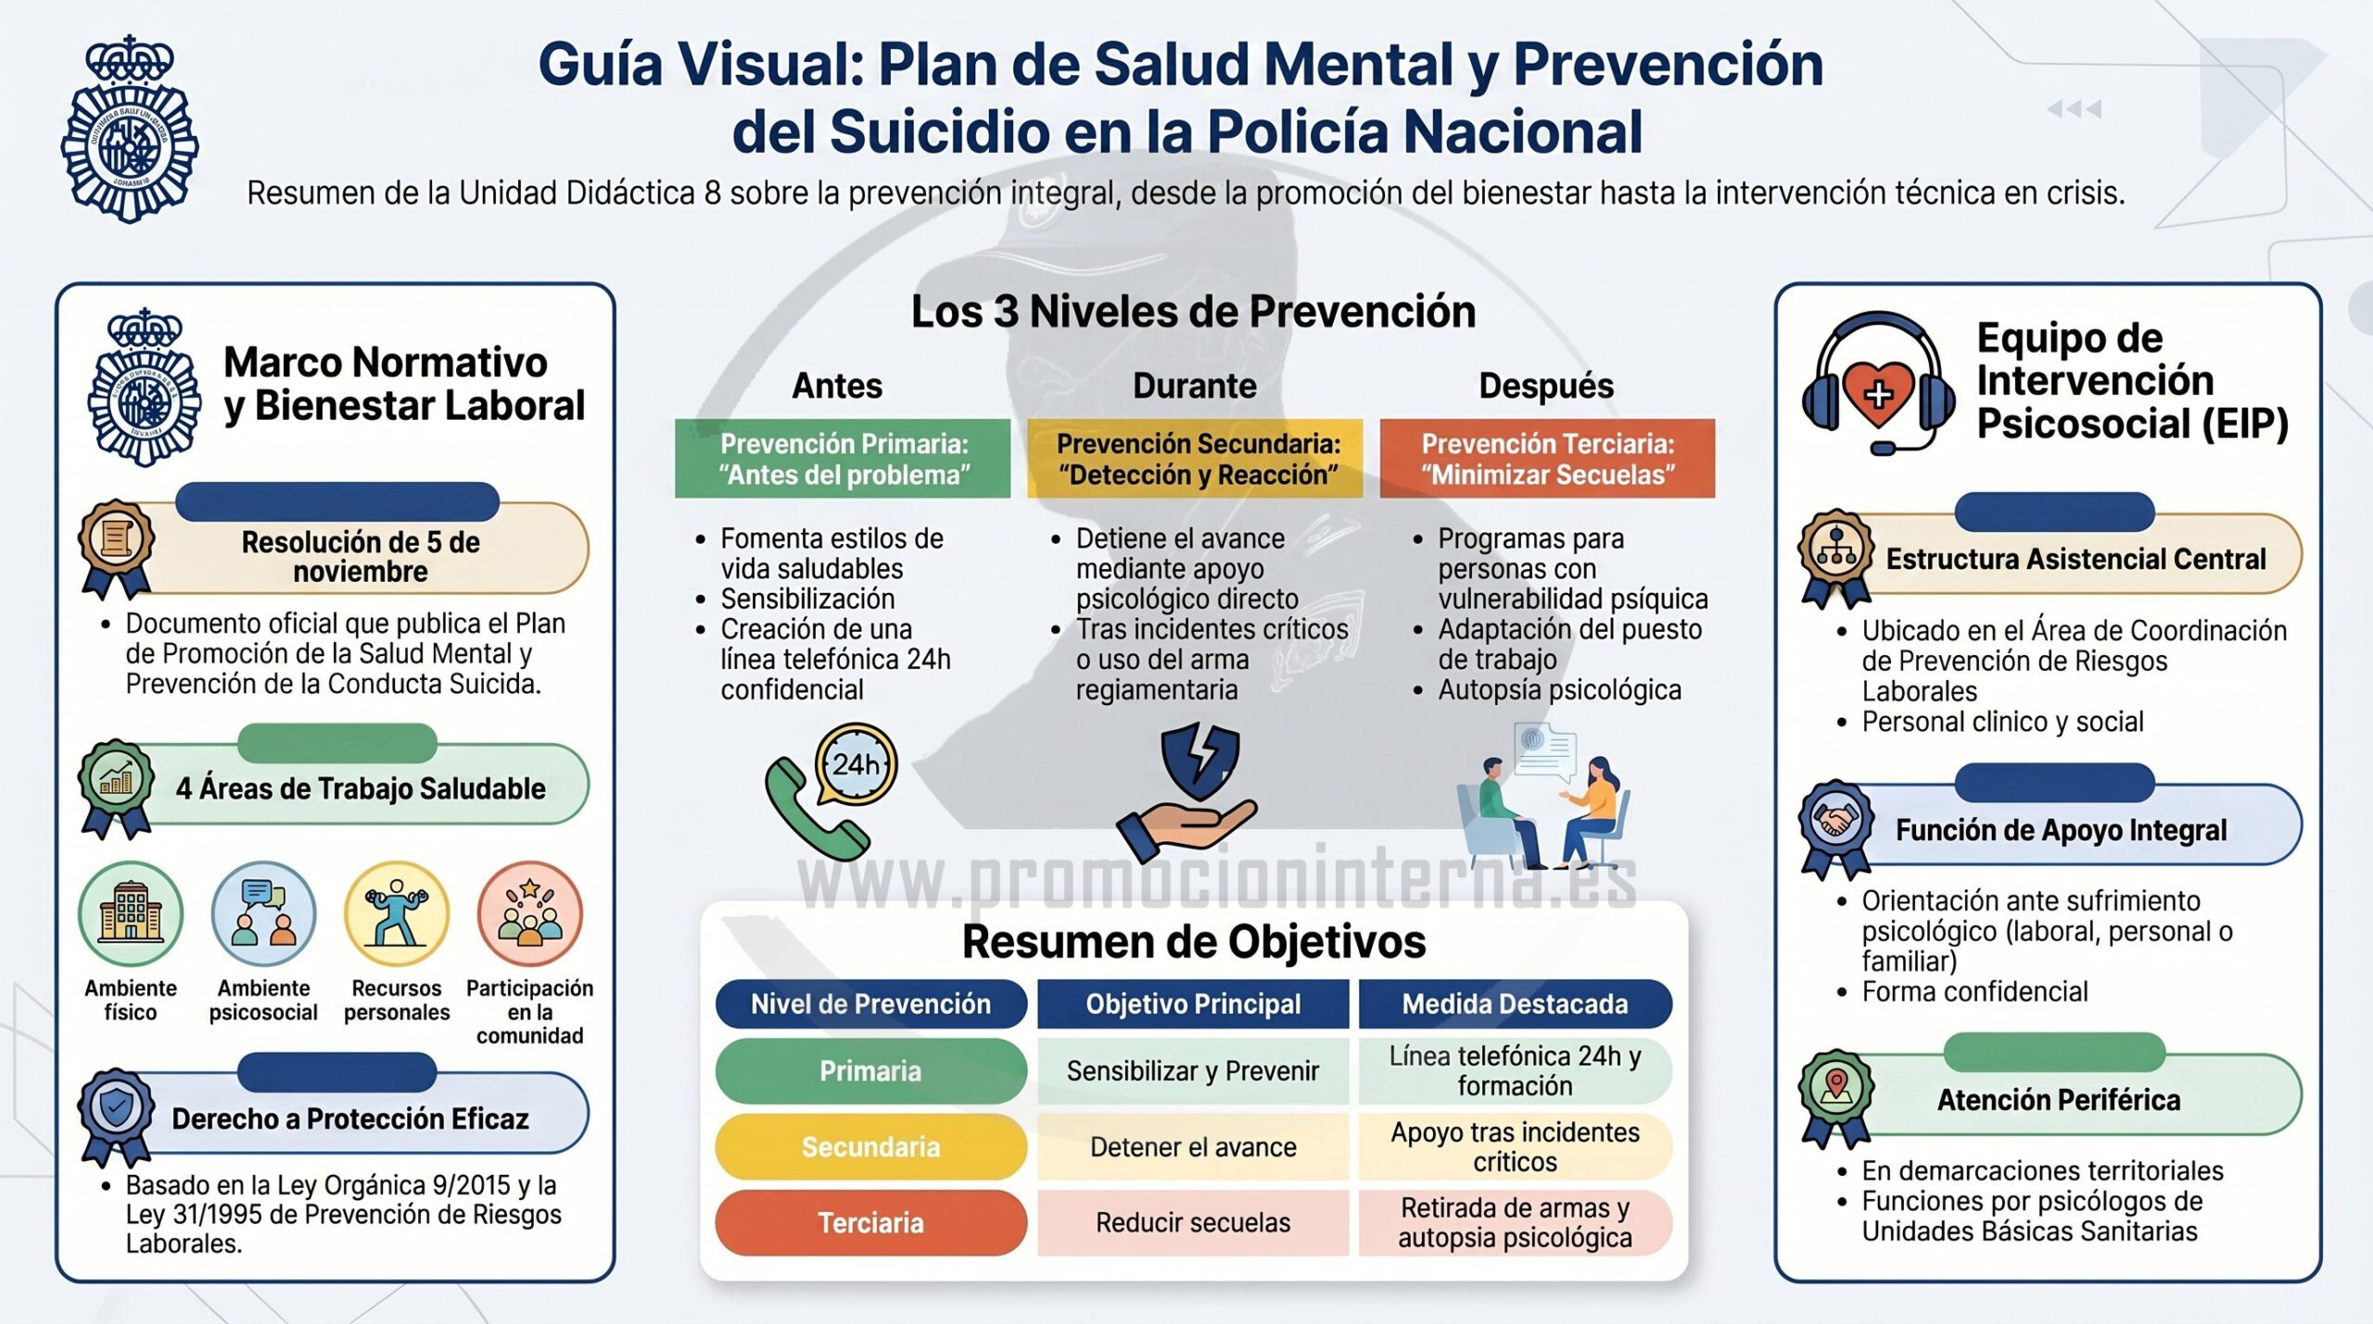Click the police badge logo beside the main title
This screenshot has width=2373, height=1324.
pos(130,130)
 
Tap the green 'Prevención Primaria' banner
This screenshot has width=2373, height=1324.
pos(843,459)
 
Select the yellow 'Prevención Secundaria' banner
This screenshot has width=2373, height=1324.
pos(1195,459)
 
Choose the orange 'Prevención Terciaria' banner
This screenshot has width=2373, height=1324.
pos(1547,459)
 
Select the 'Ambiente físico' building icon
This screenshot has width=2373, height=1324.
pos(131,914)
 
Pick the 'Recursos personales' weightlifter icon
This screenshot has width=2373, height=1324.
pos(397,914)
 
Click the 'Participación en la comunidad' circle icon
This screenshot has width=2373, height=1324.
pos(530,914)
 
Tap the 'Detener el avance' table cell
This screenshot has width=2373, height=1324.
pos(1193,1147)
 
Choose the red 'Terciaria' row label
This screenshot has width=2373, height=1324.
pos(870,1223)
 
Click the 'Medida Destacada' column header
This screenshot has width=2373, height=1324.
pos(1516,1004)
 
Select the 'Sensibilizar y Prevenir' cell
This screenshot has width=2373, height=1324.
pos(1193,1071)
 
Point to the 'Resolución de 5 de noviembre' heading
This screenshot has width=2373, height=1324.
pos(361,556)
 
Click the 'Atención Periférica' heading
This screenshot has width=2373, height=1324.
pos(2059,1100)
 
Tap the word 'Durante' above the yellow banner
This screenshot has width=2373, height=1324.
pos(1195,385)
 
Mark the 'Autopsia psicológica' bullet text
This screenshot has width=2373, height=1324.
pos(1560,690)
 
